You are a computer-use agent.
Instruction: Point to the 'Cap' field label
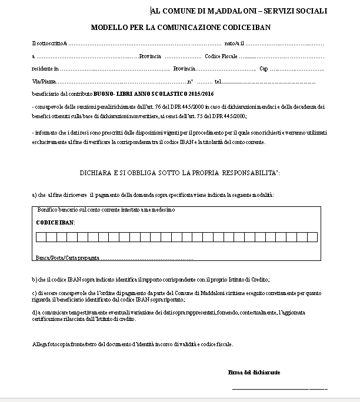point(264,69)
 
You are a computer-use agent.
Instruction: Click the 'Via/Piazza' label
point(42,81)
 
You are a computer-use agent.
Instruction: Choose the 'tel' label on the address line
point(218,81)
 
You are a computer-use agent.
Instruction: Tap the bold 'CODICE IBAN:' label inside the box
point(55,223)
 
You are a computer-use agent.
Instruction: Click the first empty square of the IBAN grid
point(41,237)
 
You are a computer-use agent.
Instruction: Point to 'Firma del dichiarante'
point(254,373)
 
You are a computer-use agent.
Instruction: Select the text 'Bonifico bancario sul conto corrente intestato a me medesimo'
point(106,210)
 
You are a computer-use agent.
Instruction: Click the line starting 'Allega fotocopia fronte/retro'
point(132,344)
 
